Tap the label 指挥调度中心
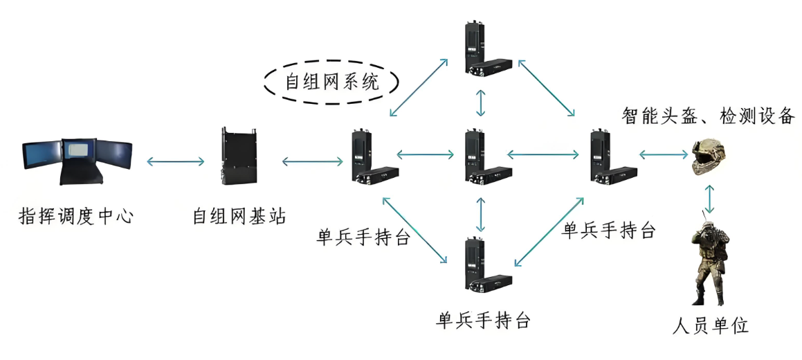click(75, 217)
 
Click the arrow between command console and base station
click(176, 162)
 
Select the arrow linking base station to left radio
click(313, 162)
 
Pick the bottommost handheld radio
click(485, 267)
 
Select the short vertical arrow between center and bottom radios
click(479, 214)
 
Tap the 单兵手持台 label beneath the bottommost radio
click(484, 321)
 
